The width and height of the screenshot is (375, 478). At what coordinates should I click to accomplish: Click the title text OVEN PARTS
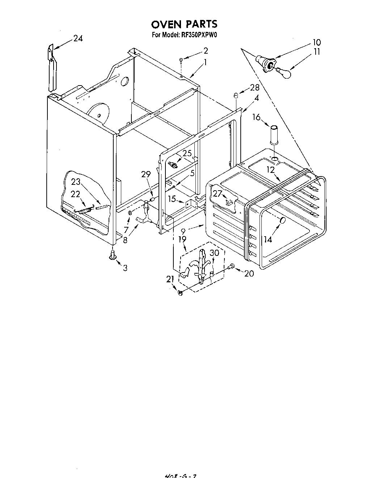pyautogui.click(x=184, y=24)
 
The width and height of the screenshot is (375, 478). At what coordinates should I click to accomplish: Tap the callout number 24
pyautogui.click(x=78, y=38)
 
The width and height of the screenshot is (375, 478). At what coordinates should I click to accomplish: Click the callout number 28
pyautogui.click(x=254, y=88)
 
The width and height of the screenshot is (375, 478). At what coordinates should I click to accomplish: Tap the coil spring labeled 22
pyautogui.click(x=85, y=210)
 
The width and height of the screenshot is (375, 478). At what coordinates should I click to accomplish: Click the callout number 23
pyautogui.click(x=76, y=182)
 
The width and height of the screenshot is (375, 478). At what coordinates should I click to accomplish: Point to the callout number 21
pyautogui.click(x=170, y=279)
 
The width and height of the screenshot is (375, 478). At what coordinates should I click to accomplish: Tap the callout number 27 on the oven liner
pyautogui.click(x=217, y=194)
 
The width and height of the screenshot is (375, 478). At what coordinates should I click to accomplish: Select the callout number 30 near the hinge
pyautogui.click(x=215, y=253)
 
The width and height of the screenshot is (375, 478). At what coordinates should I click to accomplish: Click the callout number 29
pyautogui.click(x=146, y=175)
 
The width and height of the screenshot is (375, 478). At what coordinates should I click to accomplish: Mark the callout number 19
pyautogui.click(x=182, y=239)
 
